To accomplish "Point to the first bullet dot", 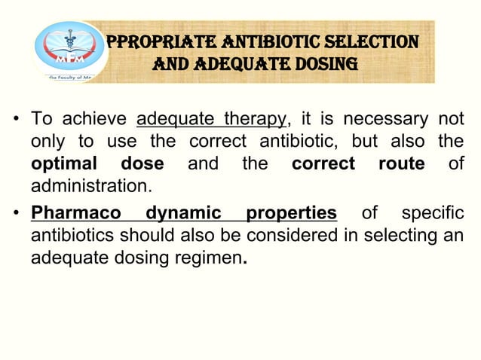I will click(15, 121).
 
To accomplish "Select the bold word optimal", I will click(64, 164).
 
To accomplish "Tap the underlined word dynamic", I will click(184, 212).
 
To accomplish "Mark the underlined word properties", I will click(291, 212).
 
